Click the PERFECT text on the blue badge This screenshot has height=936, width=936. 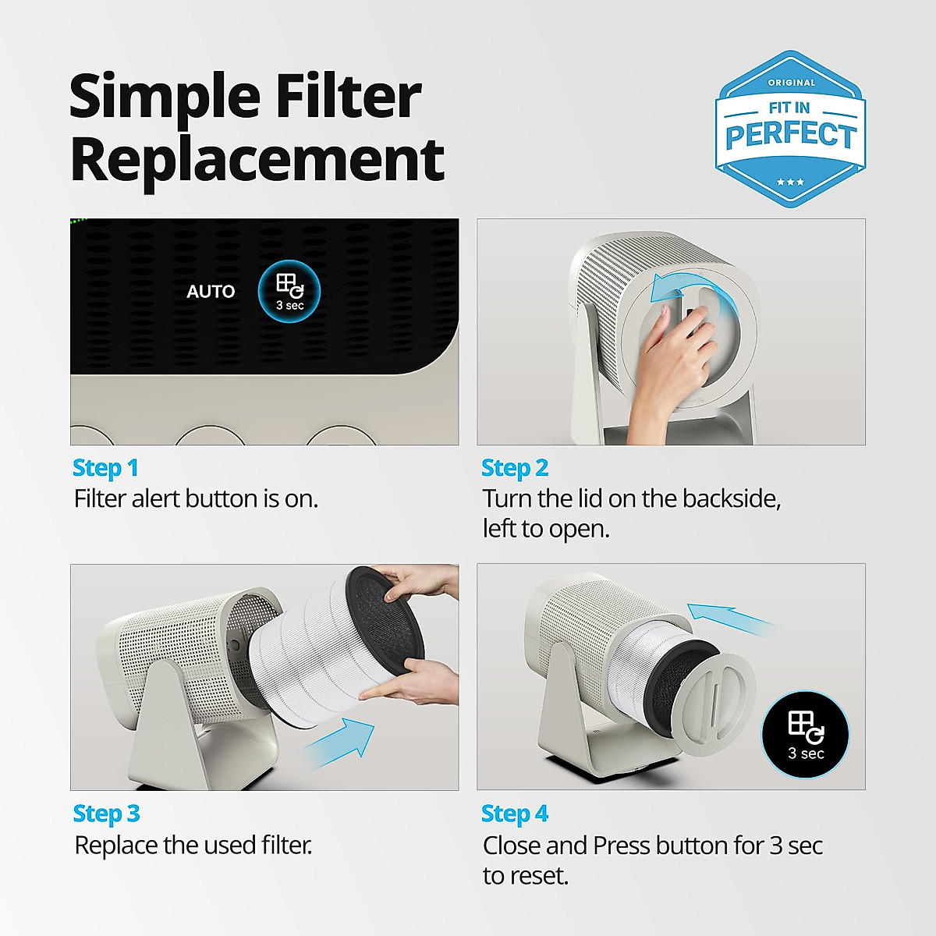pyautogui.click(x=790, y=135)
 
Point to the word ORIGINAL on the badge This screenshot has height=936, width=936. pyautogui.click(x=791, y=83)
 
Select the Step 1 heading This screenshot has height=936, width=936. pyautogui.click(x=105, y=468)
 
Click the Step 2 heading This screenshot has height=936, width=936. pyautogui.click(x=515, y=468)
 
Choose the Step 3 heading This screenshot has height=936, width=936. pyautogui.click(x=106, y=814)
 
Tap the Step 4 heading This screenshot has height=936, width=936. pyautogui.click(x=515, y=814)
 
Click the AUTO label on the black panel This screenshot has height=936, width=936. pyautogui.click(x=211, y=292)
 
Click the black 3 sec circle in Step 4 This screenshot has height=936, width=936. pyautogui.click(x=805, y=735)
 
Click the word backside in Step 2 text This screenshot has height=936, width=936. pyautogui.click(x=730, y=499)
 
